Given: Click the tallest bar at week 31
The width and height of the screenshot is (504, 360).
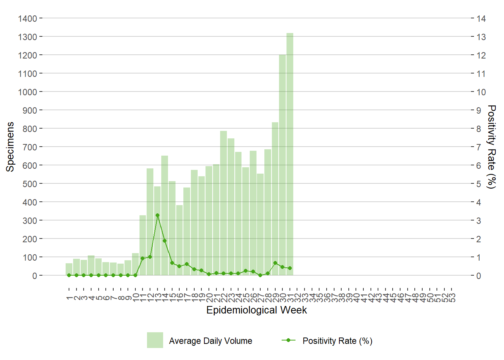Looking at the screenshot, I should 290,154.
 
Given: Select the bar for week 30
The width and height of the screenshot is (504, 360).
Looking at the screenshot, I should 282,165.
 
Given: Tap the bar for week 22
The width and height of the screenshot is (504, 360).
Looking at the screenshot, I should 223,202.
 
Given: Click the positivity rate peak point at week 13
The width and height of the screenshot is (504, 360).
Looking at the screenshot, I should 157,215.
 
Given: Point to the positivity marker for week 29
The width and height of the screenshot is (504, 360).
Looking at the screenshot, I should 275,263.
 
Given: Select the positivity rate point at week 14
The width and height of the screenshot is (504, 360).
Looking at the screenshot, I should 165,241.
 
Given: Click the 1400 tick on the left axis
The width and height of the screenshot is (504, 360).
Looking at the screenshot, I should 27,18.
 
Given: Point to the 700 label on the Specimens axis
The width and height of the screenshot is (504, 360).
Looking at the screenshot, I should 30,147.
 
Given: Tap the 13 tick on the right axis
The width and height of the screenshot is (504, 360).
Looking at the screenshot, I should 481,37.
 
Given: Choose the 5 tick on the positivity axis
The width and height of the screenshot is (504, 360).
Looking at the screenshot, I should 478,184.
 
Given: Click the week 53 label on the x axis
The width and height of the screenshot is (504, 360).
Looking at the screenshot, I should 452,298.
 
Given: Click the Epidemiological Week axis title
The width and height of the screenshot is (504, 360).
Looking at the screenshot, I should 256,310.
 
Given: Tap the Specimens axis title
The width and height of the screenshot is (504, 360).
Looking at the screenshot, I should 10,147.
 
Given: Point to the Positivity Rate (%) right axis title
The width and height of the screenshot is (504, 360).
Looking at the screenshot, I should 491,147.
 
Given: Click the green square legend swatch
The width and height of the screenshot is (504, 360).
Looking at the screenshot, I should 155,340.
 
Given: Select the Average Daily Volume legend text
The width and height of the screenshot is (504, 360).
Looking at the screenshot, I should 210,341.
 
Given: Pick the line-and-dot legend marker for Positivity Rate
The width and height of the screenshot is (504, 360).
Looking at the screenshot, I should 288,340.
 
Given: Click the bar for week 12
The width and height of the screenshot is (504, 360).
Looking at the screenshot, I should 150,221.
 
